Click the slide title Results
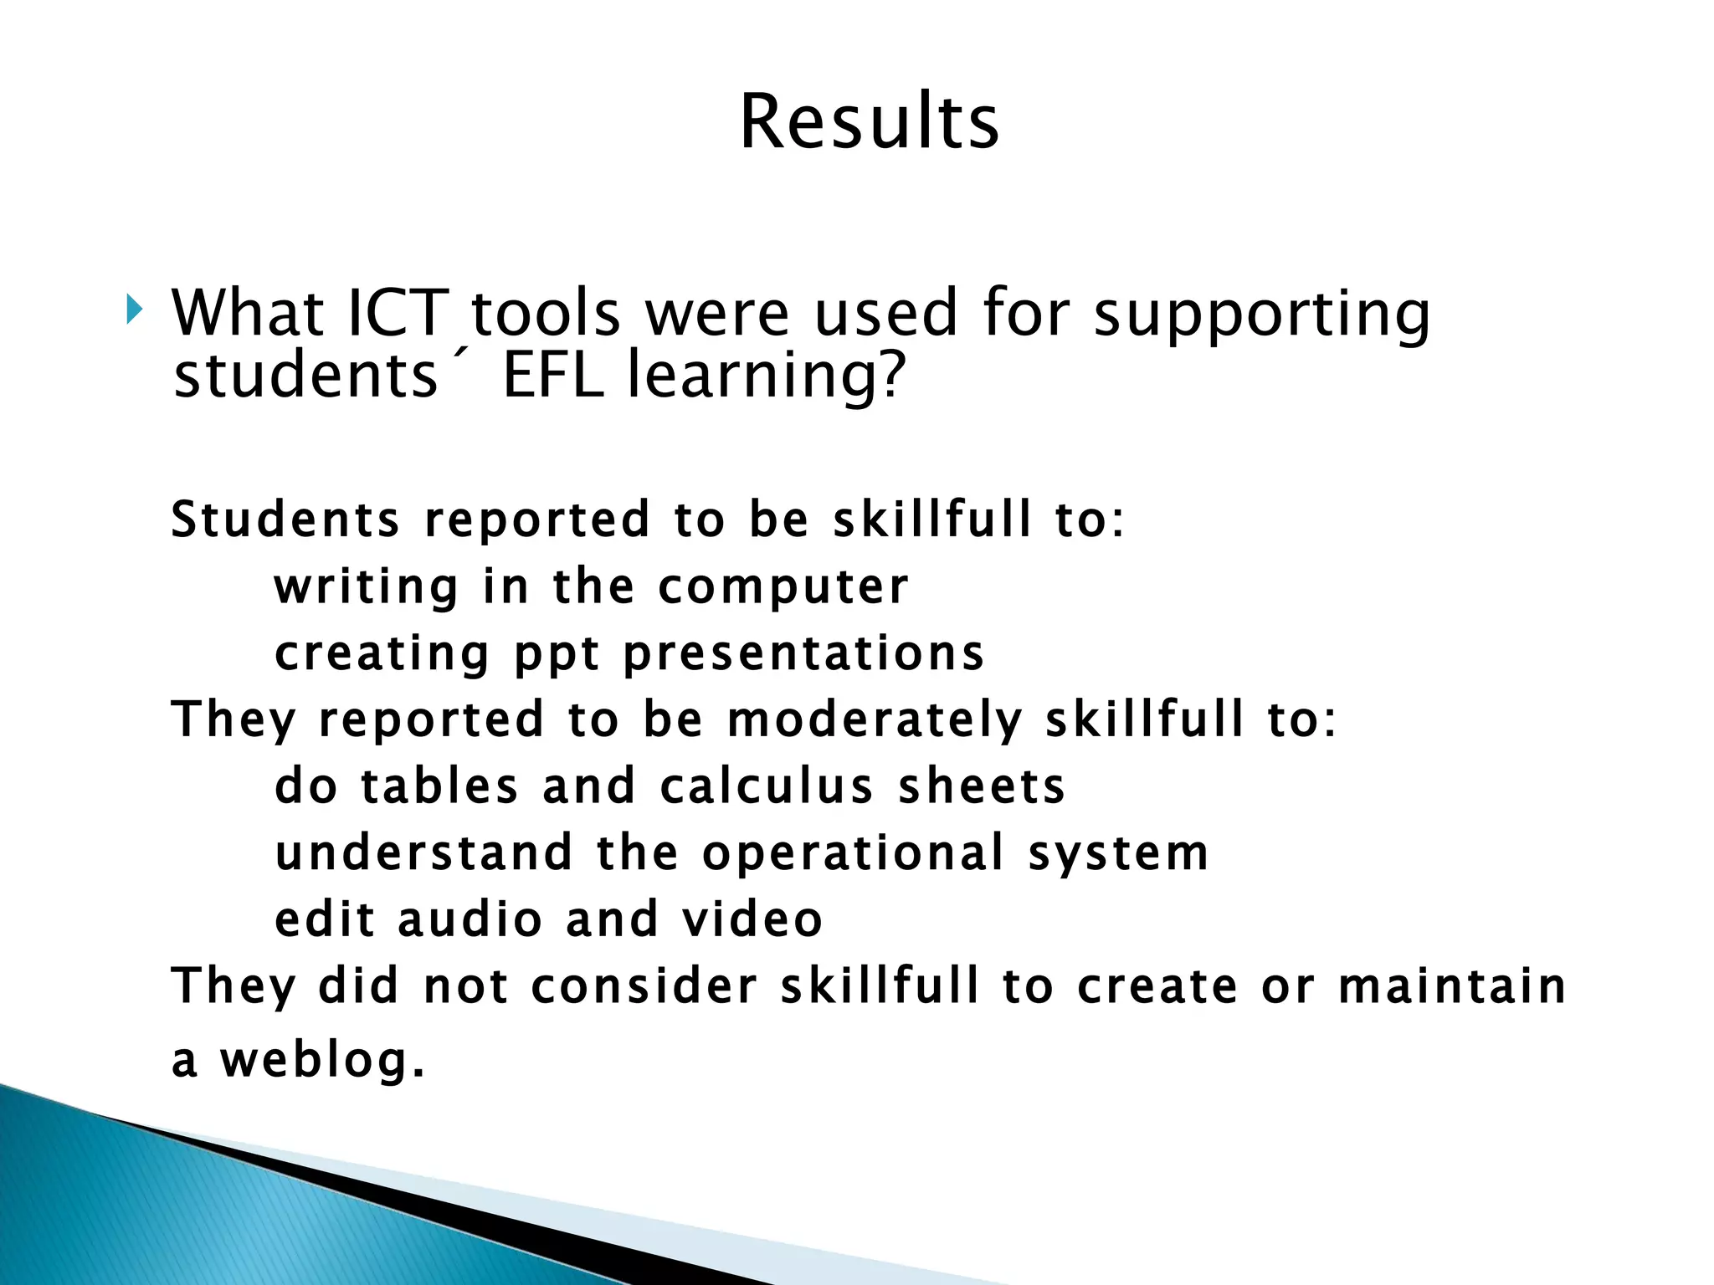[869, 122]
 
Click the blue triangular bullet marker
[134, 310]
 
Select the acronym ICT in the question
[398, 313]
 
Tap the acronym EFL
[553, 375]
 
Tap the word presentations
[804, 654]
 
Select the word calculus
[767, 786]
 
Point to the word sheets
[981, 786]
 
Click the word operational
[853, 853]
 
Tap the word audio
[470, 919]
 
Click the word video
[752, 919]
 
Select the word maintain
[1451, 986]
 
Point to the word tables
[439, 786]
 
